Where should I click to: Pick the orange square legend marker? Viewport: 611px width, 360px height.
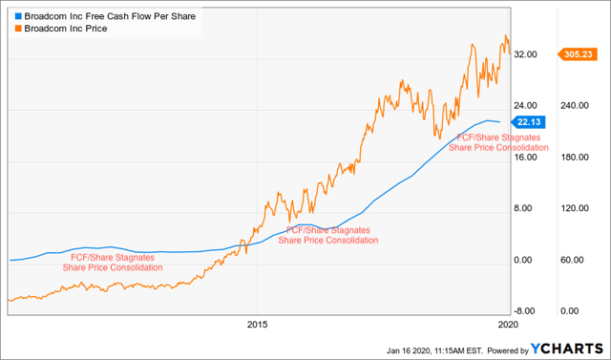click(9, 29)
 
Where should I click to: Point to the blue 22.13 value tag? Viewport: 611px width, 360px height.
click(528, 122)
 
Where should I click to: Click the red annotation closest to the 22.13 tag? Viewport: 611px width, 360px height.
click(499, 142)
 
